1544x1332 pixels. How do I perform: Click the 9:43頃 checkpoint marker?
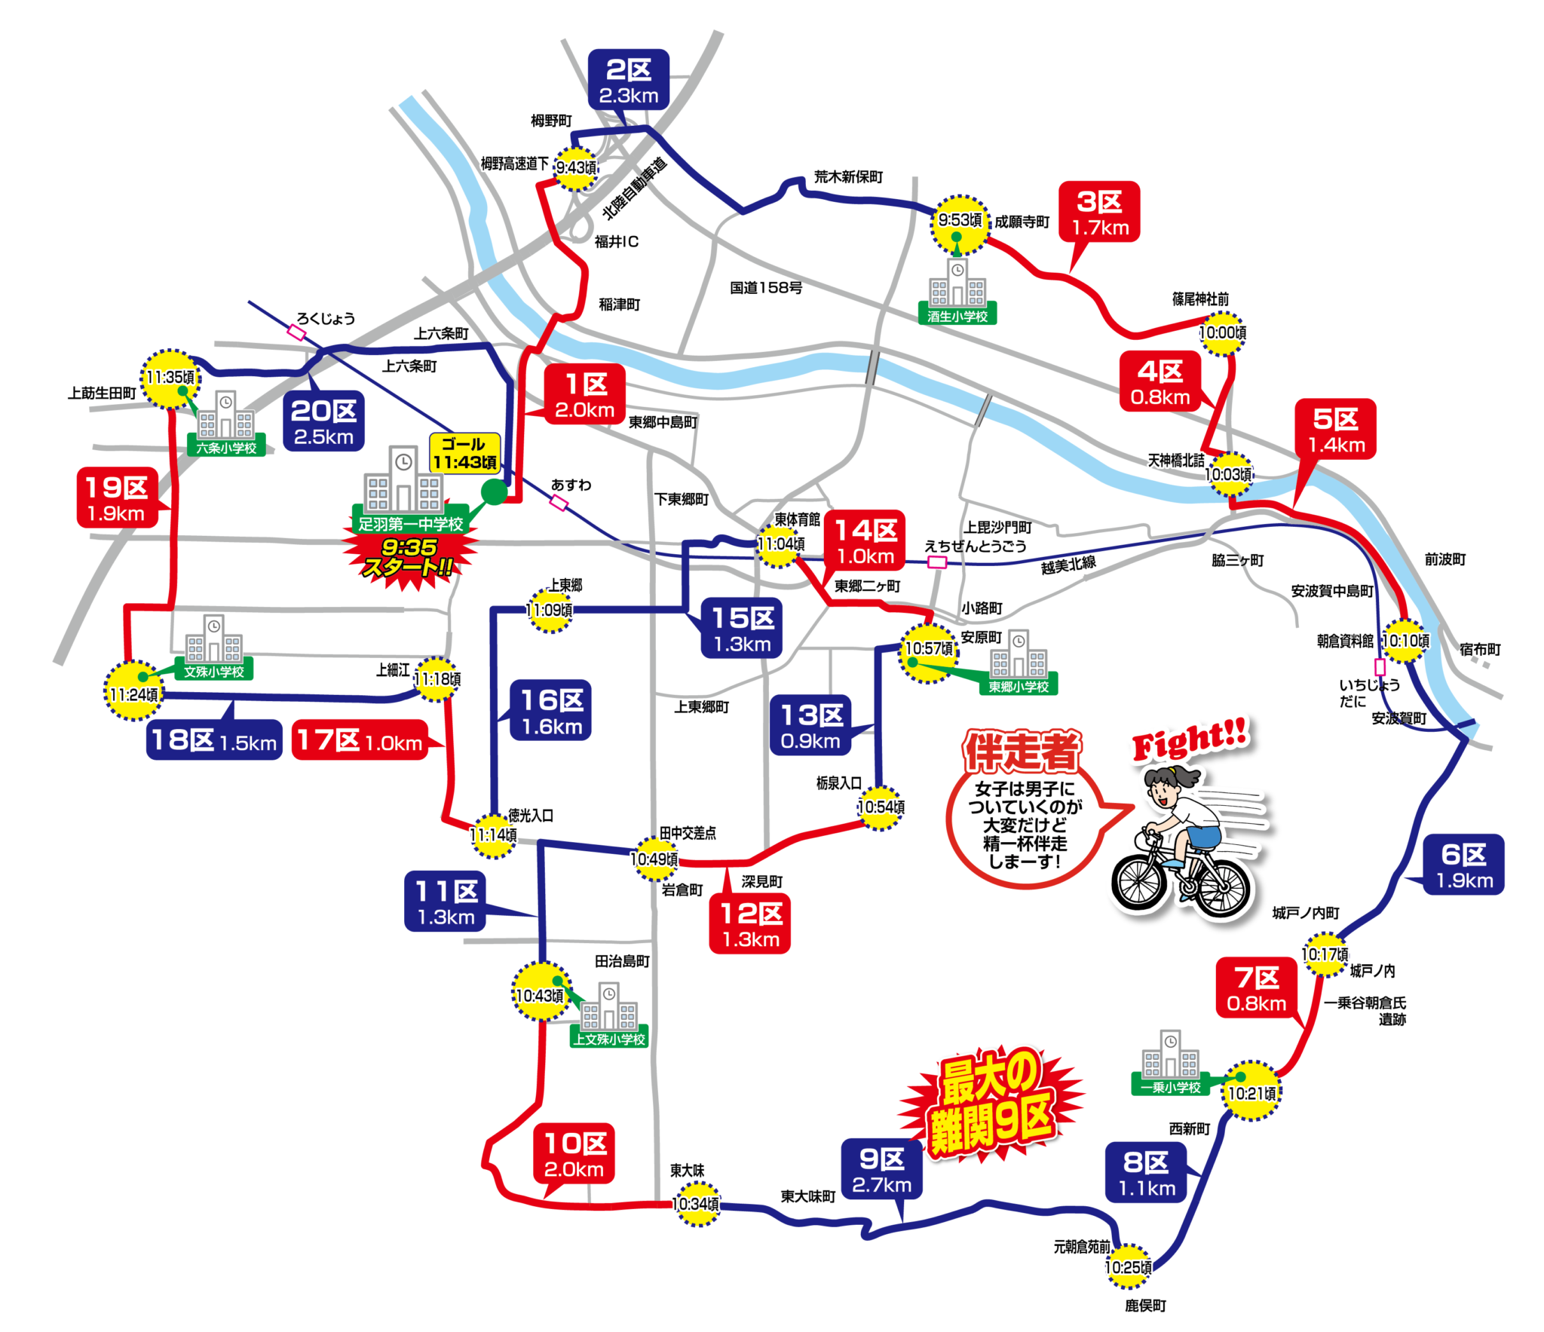[575, 167]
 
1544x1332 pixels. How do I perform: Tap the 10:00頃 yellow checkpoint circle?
[1222, 333]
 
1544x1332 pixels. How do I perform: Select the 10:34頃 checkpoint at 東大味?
[695, 1204]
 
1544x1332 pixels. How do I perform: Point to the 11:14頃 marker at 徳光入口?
[493, 835]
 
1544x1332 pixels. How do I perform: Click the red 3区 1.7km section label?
[1099, 213]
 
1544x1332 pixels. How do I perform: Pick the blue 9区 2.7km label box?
[881, 1171]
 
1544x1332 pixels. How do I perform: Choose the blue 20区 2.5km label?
[323, 422]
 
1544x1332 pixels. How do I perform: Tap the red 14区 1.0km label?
[865, 541]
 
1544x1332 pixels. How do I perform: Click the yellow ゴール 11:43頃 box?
[464, 453]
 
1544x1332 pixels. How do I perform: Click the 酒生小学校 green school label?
[957, 317]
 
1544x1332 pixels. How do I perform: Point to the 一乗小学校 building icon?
[1170, 1055]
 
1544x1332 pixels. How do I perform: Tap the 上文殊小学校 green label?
[609, 1039]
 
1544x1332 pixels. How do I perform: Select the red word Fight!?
[1190, 739]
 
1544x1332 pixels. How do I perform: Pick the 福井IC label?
[616, 242]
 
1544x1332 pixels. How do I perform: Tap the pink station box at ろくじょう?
[297, 332]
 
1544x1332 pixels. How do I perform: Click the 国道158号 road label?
[765, 288]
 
